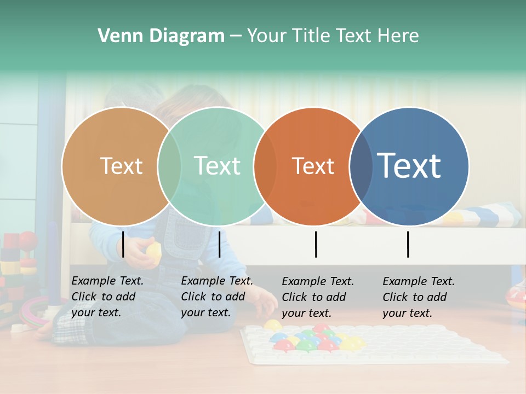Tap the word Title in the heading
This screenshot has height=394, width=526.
click(x=312, y=36)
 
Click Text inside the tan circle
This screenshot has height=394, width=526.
click(x=121, y=166)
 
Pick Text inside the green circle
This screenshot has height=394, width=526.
click(x=217, y=166)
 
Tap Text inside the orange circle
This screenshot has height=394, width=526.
click(x=313, y=166)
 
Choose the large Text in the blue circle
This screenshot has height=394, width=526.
click(x=409, y=165)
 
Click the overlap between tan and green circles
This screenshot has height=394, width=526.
click(x=169, y=166)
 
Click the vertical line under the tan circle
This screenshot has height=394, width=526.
click(x=123, y=244)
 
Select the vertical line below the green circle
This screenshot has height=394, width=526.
click(x=219, y=244)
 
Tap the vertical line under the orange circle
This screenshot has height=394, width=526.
click(x=316, y=244)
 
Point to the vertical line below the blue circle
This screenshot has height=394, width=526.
click(x=408, y=244)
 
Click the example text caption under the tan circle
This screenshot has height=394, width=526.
click(x=107, y=297)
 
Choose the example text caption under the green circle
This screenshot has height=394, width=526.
click(x=216, y=297)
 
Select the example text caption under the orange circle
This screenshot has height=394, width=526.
click(x=317, y=297)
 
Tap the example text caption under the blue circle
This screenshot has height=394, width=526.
click(x=418, y=297)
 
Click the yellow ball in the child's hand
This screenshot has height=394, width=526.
click(x=154, y=251)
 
